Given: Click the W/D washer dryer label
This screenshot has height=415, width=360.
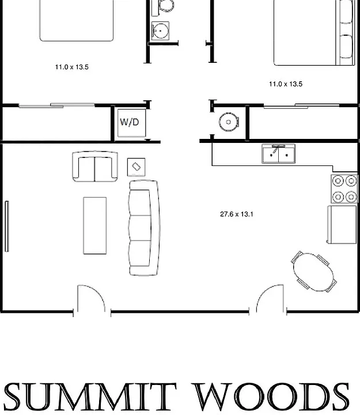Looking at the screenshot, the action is tap(130, 122).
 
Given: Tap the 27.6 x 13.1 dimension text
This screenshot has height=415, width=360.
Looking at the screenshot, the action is tap(237, 214).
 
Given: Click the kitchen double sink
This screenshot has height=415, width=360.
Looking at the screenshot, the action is tap(279, 154).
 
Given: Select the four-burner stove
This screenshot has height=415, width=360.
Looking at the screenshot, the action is tap(344, 188).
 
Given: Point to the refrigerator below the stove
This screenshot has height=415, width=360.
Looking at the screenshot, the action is tap(342, 224).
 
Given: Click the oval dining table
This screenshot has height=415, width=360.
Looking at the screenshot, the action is tap(314, 272).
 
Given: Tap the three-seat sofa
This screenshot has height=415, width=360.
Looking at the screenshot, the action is tap(144, 228).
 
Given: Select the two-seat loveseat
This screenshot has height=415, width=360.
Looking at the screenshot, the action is tap(95, 167).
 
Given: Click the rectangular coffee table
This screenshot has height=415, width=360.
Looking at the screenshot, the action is tap(95, 225).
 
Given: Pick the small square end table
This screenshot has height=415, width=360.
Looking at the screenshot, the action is tap(136, 167).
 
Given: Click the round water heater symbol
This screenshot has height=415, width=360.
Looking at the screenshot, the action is tap(229, 122).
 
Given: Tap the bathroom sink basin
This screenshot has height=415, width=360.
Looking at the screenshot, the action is tap(160, 31).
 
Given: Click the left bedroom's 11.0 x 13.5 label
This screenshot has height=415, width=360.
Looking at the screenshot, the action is tap(71, 67).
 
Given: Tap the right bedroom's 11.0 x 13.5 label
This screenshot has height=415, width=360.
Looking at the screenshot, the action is tap(286, 84).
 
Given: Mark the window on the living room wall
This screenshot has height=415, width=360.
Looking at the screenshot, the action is tap(7, 227).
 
